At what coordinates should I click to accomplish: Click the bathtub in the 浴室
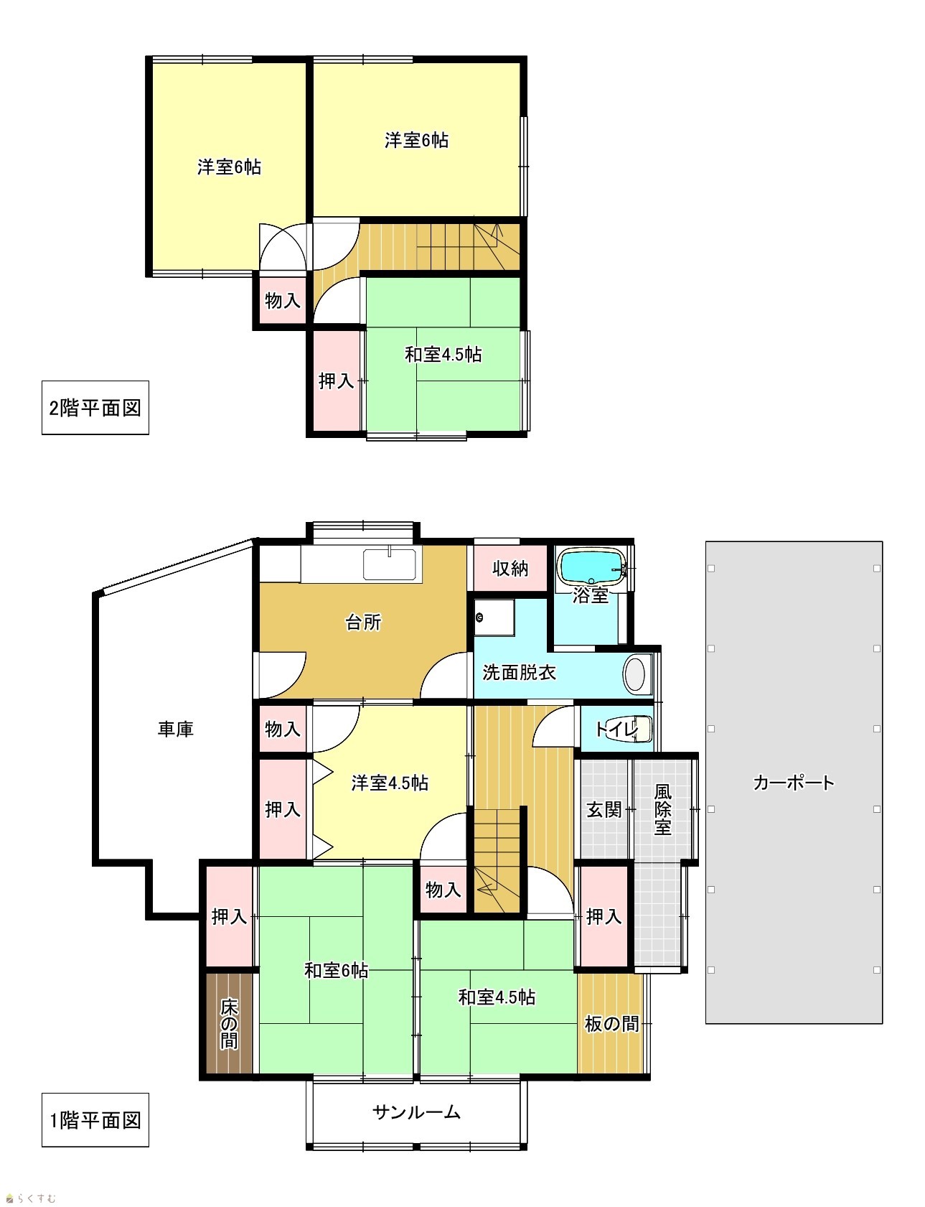[x=593, y=567]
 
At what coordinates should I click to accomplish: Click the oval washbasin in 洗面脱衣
[x=635, y=674]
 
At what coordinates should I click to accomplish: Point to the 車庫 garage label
[x=176, y=730]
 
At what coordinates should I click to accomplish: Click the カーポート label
[x=793, y=782]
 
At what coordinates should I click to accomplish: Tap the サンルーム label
[x=416, y=1112]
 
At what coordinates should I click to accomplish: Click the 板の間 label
[x=611, y=1023]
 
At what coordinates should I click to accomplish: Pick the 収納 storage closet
[x=510, y=568]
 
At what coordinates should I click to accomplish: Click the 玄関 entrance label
[x=604, y=809]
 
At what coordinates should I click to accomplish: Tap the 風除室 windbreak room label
[x=663, y=809]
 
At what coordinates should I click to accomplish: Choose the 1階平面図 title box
[x=95, y=1119]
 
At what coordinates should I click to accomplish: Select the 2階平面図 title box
[x=95, y=408]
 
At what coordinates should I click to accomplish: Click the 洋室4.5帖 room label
[x=390, y=783]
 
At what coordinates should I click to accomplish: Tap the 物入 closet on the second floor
[x=282, y=300]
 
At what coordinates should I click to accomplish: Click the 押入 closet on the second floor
[x=337, y=381]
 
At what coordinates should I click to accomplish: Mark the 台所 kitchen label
[x=363, y=622]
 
